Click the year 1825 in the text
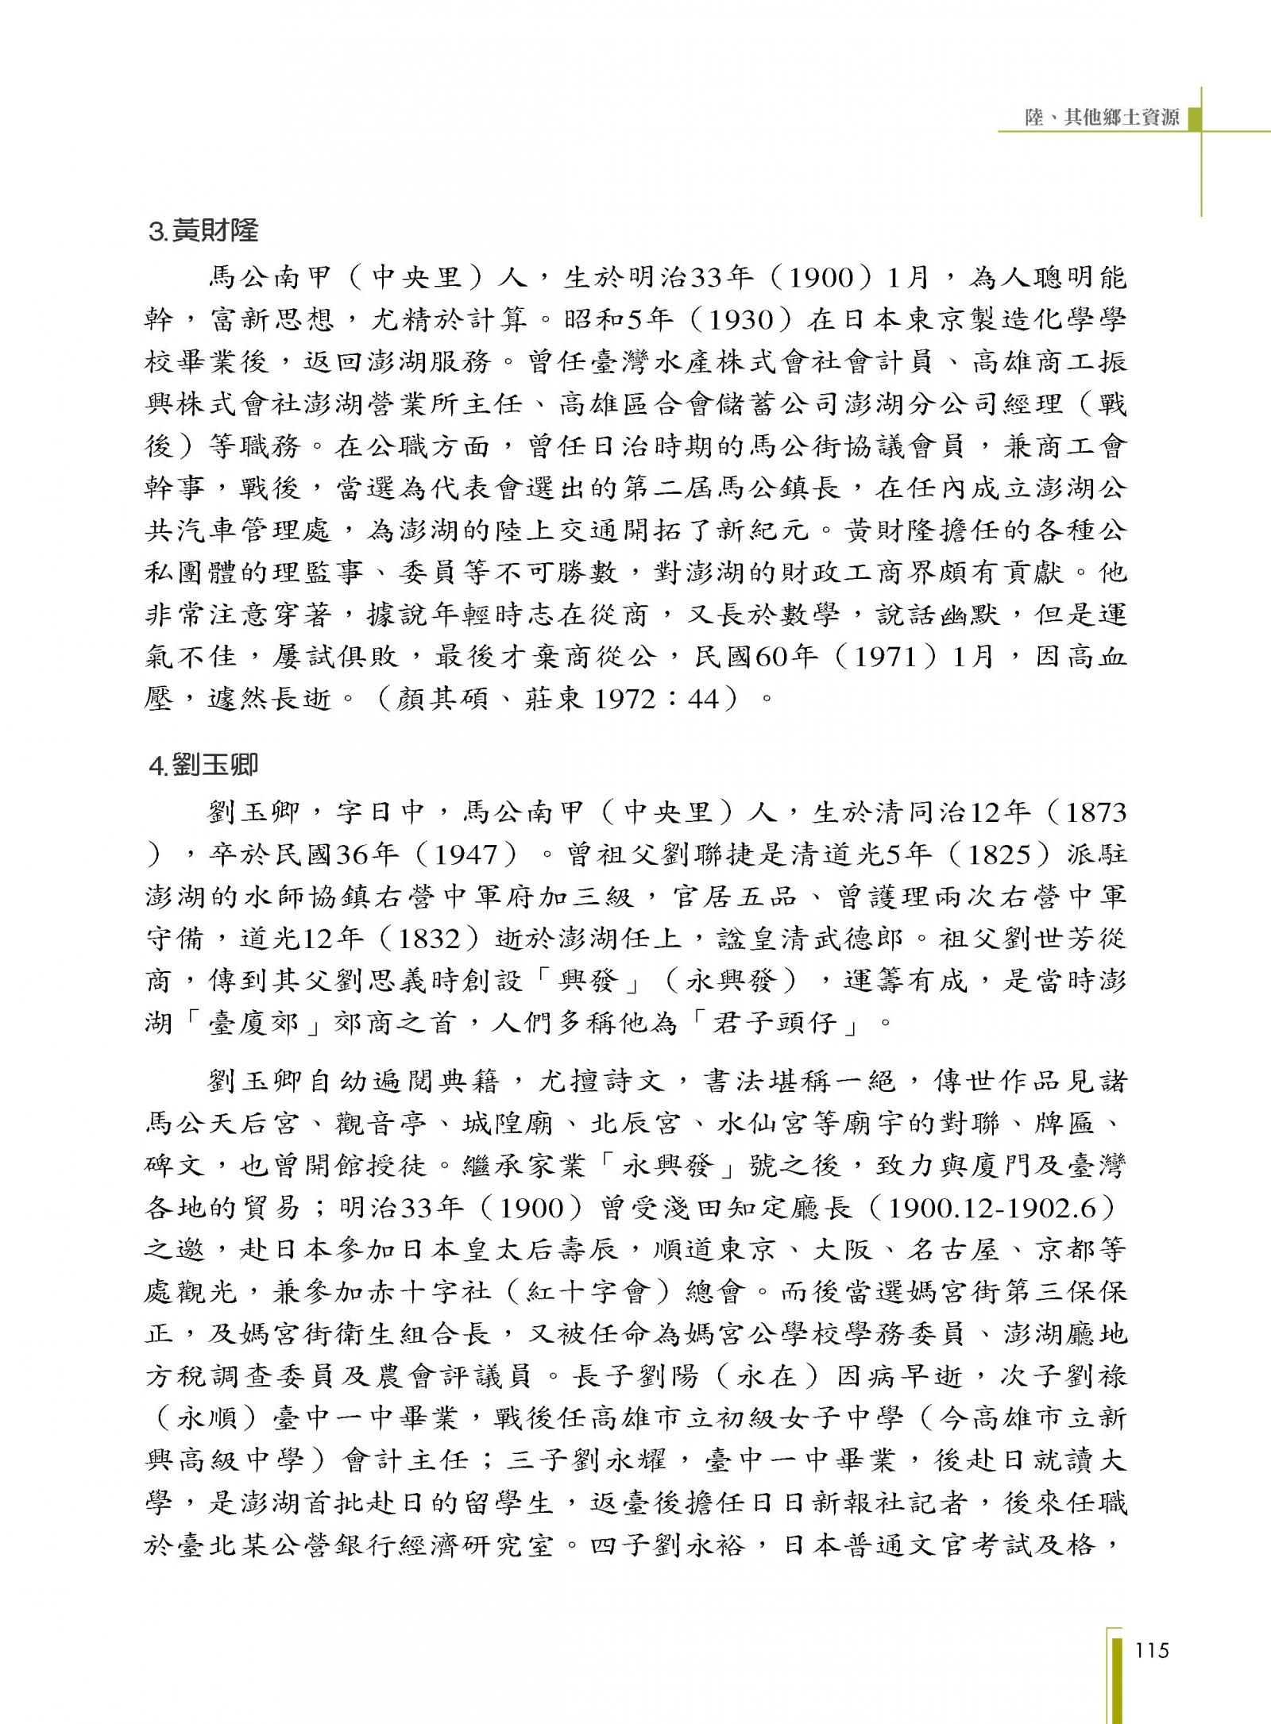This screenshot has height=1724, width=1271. [994, 855]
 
